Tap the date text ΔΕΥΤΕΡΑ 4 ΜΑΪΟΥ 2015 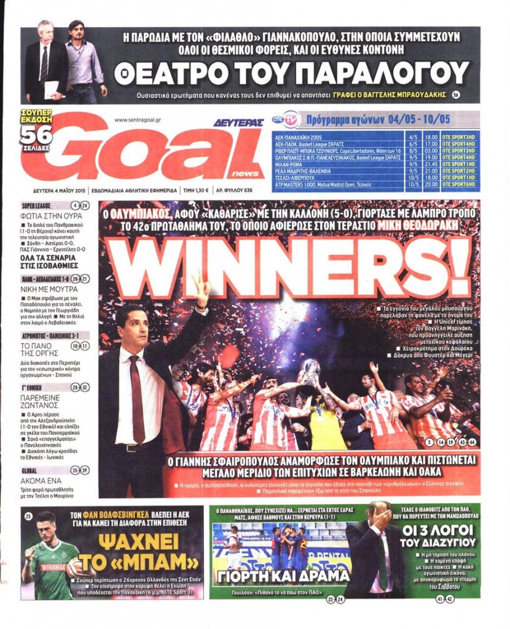click(59, 190)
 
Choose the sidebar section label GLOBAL click(31, 471)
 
